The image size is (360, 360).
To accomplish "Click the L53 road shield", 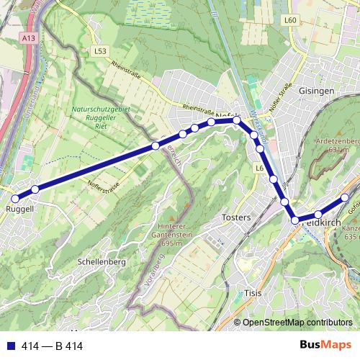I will click(100, 51).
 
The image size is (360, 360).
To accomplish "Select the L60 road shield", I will click(290, 21).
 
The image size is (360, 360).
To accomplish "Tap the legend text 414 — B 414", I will click(52, 346).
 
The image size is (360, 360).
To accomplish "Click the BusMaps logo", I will click(322, 346).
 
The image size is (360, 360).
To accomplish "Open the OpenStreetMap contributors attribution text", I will click(297, 323).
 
